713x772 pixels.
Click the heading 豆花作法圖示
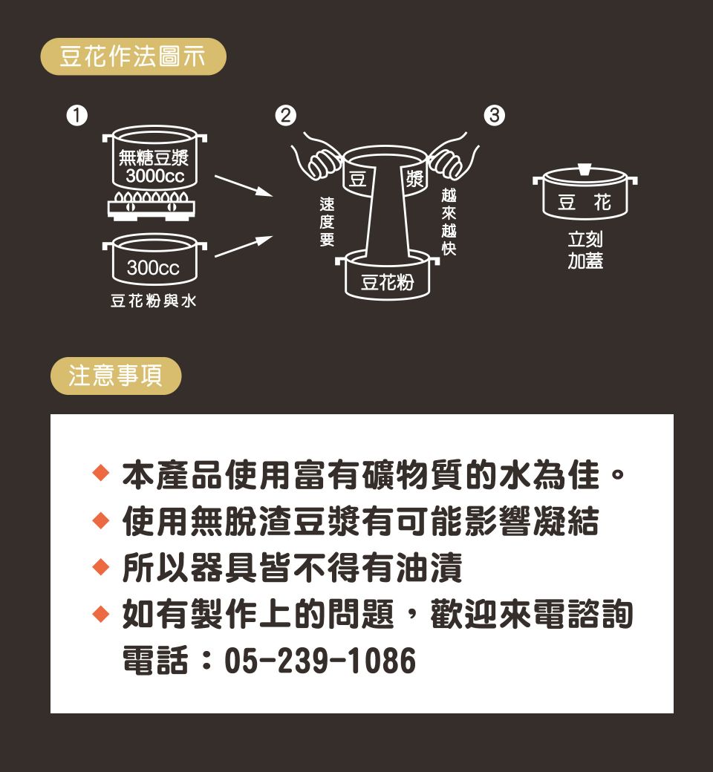[132, 56]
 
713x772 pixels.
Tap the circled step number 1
[76, 116]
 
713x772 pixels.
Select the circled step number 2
[286, 116]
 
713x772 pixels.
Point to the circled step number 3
[494, 116]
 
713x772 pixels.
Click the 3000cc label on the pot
[154, 176]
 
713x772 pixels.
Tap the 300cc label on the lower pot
[153, 268]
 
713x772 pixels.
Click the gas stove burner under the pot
[152, 206]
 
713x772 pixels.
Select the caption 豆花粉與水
[153, 301]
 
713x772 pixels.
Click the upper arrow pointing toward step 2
[244, 186]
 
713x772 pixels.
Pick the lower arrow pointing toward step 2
[244, 246]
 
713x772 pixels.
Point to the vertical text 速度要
[328, 221]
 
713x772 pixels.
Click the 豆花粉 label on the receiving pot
[387, 283]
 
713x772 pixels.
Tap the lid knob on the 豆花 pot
[585, 169]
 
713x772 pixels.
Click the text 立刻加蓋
[585, 250]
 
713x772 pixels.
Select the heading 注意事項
[115, 376]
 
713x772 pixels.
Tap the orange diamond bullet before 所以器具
[100, 566]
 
